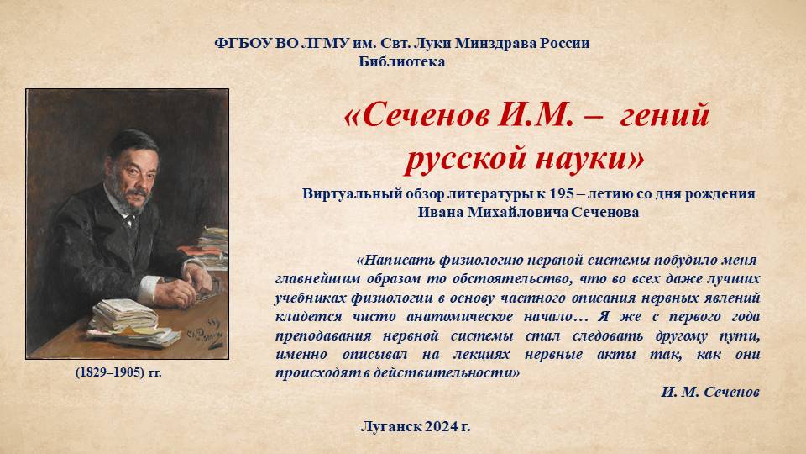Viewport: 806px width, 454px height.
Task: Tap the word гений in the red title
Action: pyautogui.click(x=664, y=115)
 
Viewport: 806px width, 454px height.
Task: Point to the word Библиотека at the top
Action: pyautogui.click(x=402, y=61)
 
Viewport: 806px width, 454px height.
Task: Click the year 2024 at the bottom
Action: pyautogui.click(x=441, y=427)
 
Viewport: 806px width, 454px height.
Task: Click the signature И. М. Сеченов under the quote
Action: pyautogui.click(x=710, y=393)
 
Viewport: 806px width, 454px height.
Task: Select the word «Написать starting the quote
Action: pyautogui.click(x=395, y=261)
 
